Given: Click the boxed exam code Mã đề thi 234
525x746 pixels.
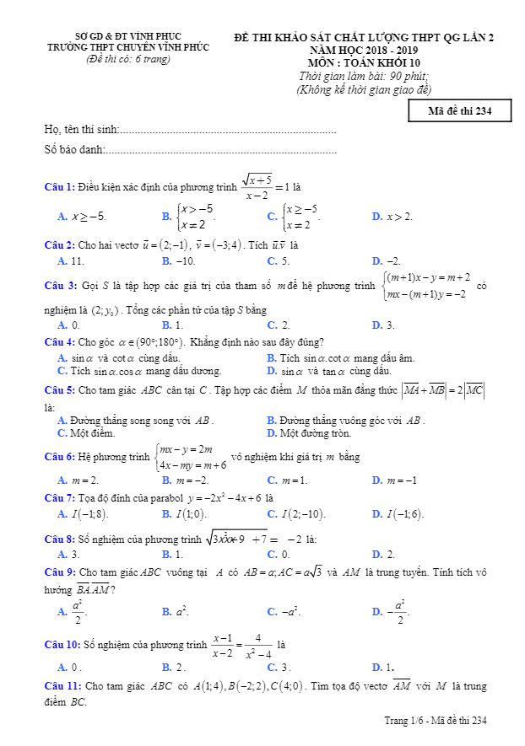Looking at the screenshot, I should coord(459,110).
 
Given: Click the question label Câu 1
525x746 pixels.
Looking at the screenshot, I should coord(60,186).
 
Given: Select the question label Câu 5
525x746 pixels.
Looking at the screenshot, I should coord(60,390).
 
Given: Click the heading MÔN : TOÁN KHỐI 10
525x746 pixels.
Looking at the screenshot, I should coord(364,62).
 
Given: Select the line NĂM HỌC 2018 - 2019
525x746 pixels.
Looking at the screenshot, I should coord(364,51).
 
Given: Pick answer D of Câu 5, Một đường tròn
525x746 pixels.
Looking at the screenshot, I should coord(308,433).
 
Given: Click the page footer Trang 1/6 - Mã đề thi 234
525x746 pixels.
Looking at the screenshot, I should coord(436,720).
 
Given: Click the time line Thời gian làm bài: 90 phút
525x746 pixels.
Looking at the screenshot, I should coord(364,76).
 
